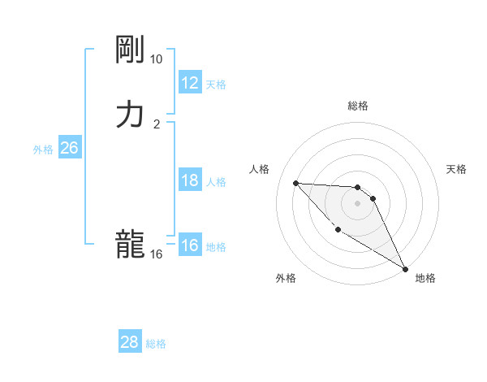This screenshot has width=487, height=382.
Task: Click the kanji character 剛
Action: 130,51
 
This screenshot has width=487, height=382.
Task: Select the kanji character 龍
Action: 130,245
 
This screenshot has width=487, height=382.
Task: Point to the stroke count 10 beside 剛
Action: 156,60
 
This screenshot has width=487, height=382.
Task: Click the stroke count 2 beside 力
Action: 157,124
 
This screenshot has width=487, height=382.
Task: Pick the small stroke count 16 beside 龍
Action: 156,254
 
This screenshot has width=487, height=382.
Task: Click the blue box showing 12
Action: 189,83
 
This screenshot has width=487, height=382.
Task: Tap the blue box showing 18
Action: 189,180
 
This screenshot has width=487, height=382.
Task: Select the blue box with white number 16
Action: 189,245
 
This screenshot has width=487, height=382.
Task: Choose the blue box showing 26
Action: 69,148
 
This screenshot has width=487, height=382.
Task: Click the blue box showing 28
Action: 129,342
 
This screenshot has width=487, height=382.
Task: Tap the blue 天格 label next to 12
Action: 216,84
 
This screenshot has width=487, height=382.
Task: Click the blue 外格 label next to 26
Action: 43,149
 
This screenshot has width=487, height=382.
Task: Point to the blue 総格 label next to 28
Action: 156,343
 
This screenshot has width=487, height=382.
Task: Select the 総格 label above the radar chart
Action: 358,106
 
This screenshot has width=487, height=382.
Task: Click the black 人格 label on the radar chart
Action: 260,169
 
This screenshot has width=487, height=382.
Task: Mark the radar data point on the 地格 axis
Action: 407,268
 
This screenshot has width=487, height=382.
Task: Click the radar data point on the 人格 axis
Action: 295,183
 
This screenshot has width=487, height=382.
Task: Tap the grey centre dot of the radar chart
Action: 357,203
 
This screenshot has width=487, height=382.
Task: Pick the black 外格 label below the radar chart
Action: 286,279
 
